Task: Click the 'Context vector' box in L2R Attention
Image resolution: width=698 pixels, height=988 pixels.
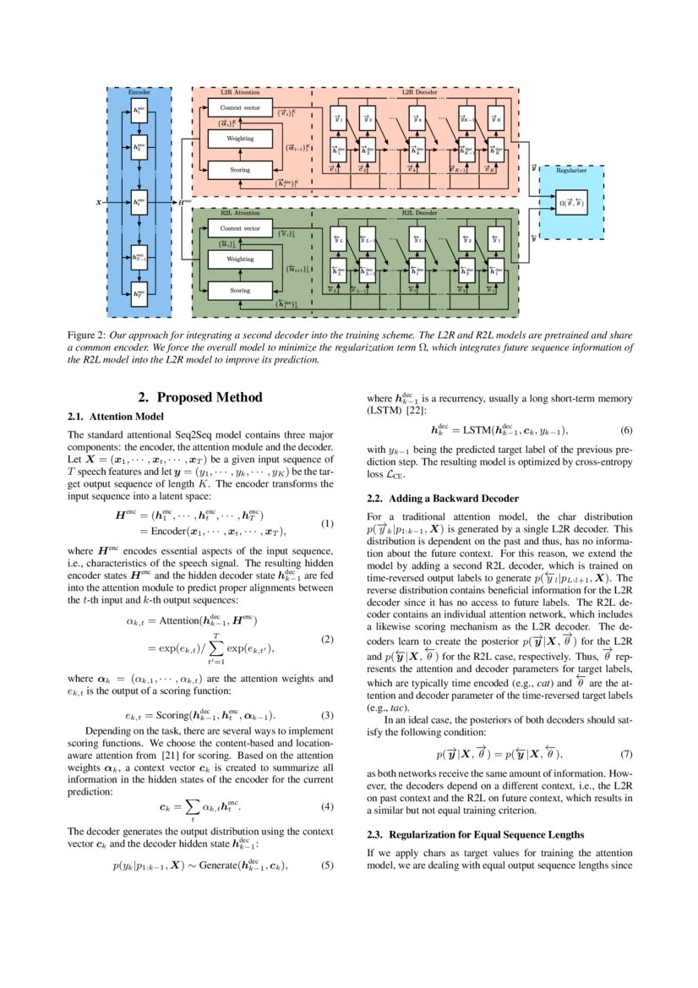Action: (x=241, y=109)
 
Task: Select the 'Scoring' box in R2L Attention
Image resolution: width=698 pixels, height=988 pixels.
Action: (x=241, y=290)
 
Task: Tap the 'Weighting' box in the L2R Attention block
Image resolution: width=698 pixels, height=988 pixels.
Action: (x=241, y=139)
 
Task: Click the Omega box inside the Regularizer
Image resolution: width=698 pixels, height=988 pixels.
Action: (x=571, y=203)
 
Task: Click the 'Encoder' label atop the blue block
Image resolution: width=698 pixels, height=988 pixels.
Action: (x=139, y=90)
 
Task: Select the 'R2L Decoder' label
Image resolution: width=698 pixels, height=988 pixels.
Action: (x=414, y=213)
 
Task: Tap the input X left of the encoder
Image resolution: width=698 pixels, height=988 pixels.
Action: (x=100, y=204)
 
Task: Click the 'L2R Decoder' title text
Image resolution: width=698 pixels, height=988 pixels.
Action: (x=414, y=91)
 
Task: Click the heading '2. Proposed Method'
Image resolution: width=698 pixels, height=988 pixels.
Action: (x=200, y=397)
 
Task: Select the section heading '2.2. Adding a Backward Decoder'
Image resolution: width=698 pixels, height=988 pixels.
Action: (x=443, y=499)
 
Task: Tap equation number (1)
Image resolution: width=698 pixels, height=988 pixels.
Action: (x=328, y=523)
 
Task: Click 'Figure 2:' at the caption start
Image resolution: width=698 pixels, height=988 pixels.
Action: (x=85, y=336)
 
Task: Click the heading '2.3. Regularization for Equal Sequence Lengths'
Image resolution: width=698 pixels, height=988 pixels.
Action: (x=476, y=835)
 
